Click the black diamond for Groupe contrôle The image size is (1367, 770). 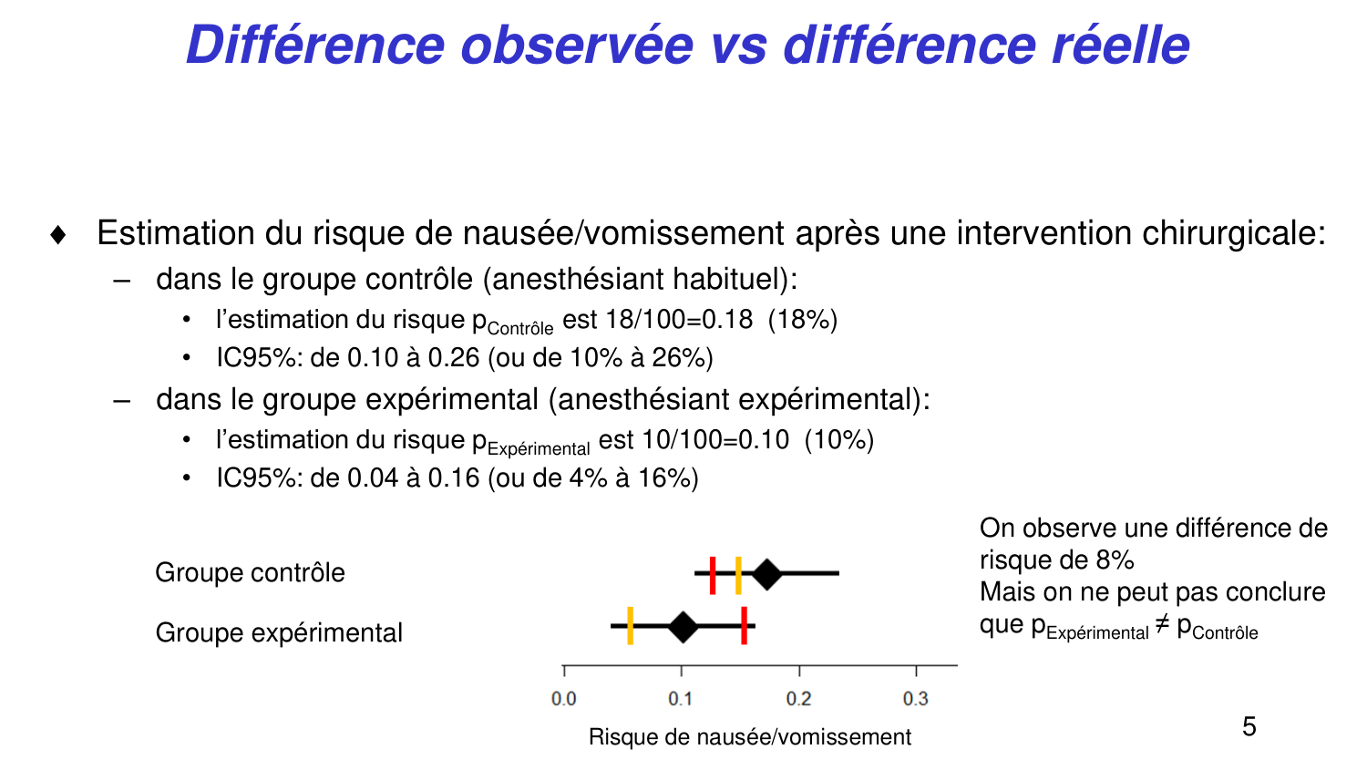pyautogui.click(x=766, y=574)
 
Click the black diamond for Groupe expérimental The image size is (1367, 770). pyautogui.click(x=683, y=627)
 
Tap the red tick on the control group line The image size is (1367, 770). pyautogui.click(x=713, y=574)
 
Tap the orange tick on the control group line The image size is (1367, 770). pyautogui.click(x=738, y=574)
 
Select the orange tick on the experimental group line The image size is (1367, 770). pyautogui.click(x=630, y=626)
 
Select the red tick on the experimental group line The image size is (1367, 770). pyautogui.click(x=745, y=626)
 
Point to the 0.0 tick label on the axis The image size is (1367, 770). pyautogui.click(x=564, y=699)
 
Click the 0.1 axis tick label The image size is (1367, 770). pyautogui.click(x=681, y=699)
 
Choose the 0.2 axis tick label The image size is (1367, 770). pyautogui.click(x=798, y=699)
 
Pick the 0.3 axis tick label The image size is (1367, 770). pyautogui.click(x=916, y=699)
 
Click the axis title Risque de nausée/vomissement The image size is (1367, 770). pyautogui.click(x=749, y=737)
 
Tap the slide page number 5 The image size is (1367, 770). pyautogui.click(x=1249, y=726)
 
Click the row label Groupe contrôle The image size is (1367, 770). pyautogui.click(x=250, y=573)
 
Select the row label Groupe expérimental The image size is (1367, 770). pyautogui.click(x=279, y=632)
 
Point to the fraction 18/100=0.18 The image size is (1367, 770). pyautogui.click(x=679, y=320)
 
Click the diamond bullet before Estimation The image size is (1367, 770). pyautogui.click(x=58, y=235)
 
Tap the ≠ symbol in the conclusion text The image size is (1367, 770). pyautogui.click(x=1162, y=625)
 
